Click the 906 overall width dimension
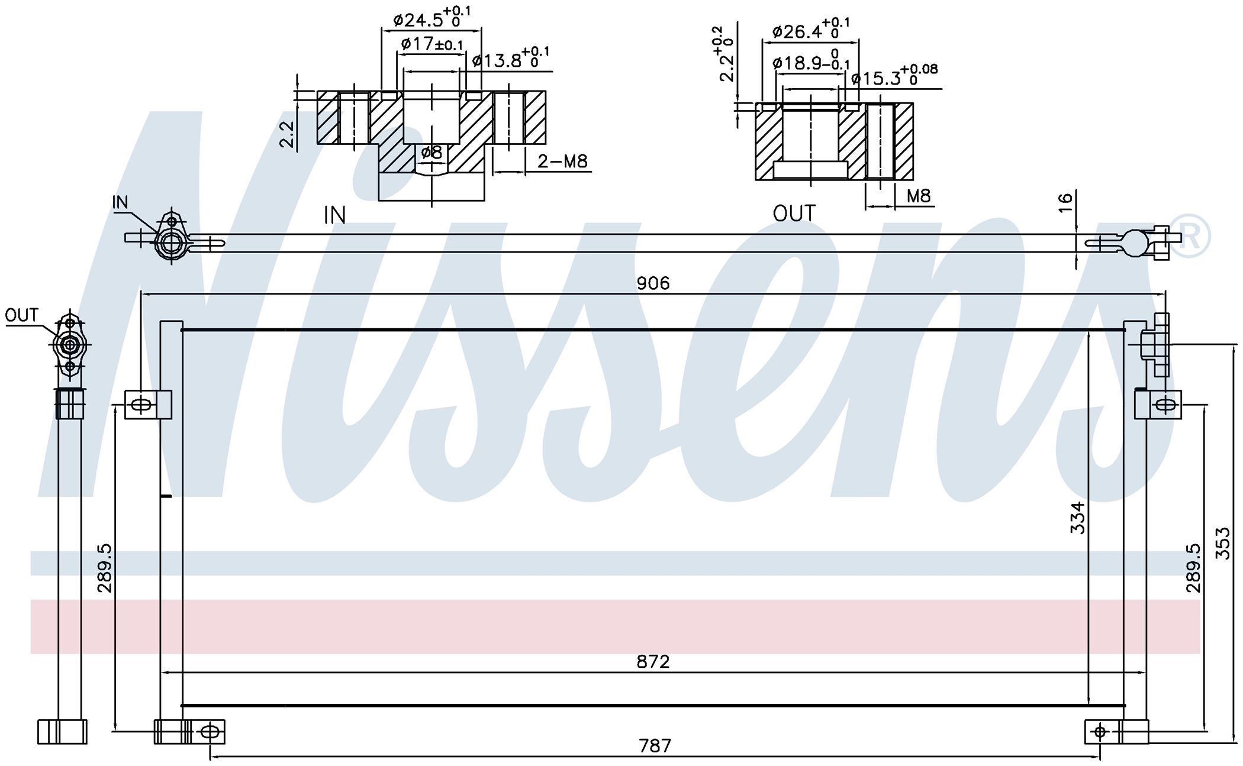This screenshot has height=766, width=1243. (653, 283)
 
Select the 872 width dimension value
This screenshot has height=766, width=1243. (653, 661)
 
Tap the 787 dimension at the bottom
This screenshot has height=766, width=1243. (655, 745)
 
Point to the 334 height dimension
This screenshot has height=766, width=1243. (1078, 518)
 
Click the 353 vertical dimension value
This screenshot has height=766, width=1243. (1222, 543)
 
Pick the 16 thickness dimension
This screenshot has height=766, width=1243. (1065, 202)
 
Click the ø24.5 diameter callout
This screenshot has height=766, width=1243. (433, 17)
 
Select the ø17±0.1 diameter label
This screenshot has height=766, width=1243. (432, 44)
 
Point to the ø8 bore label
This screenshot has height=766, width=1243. (431, 152)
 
